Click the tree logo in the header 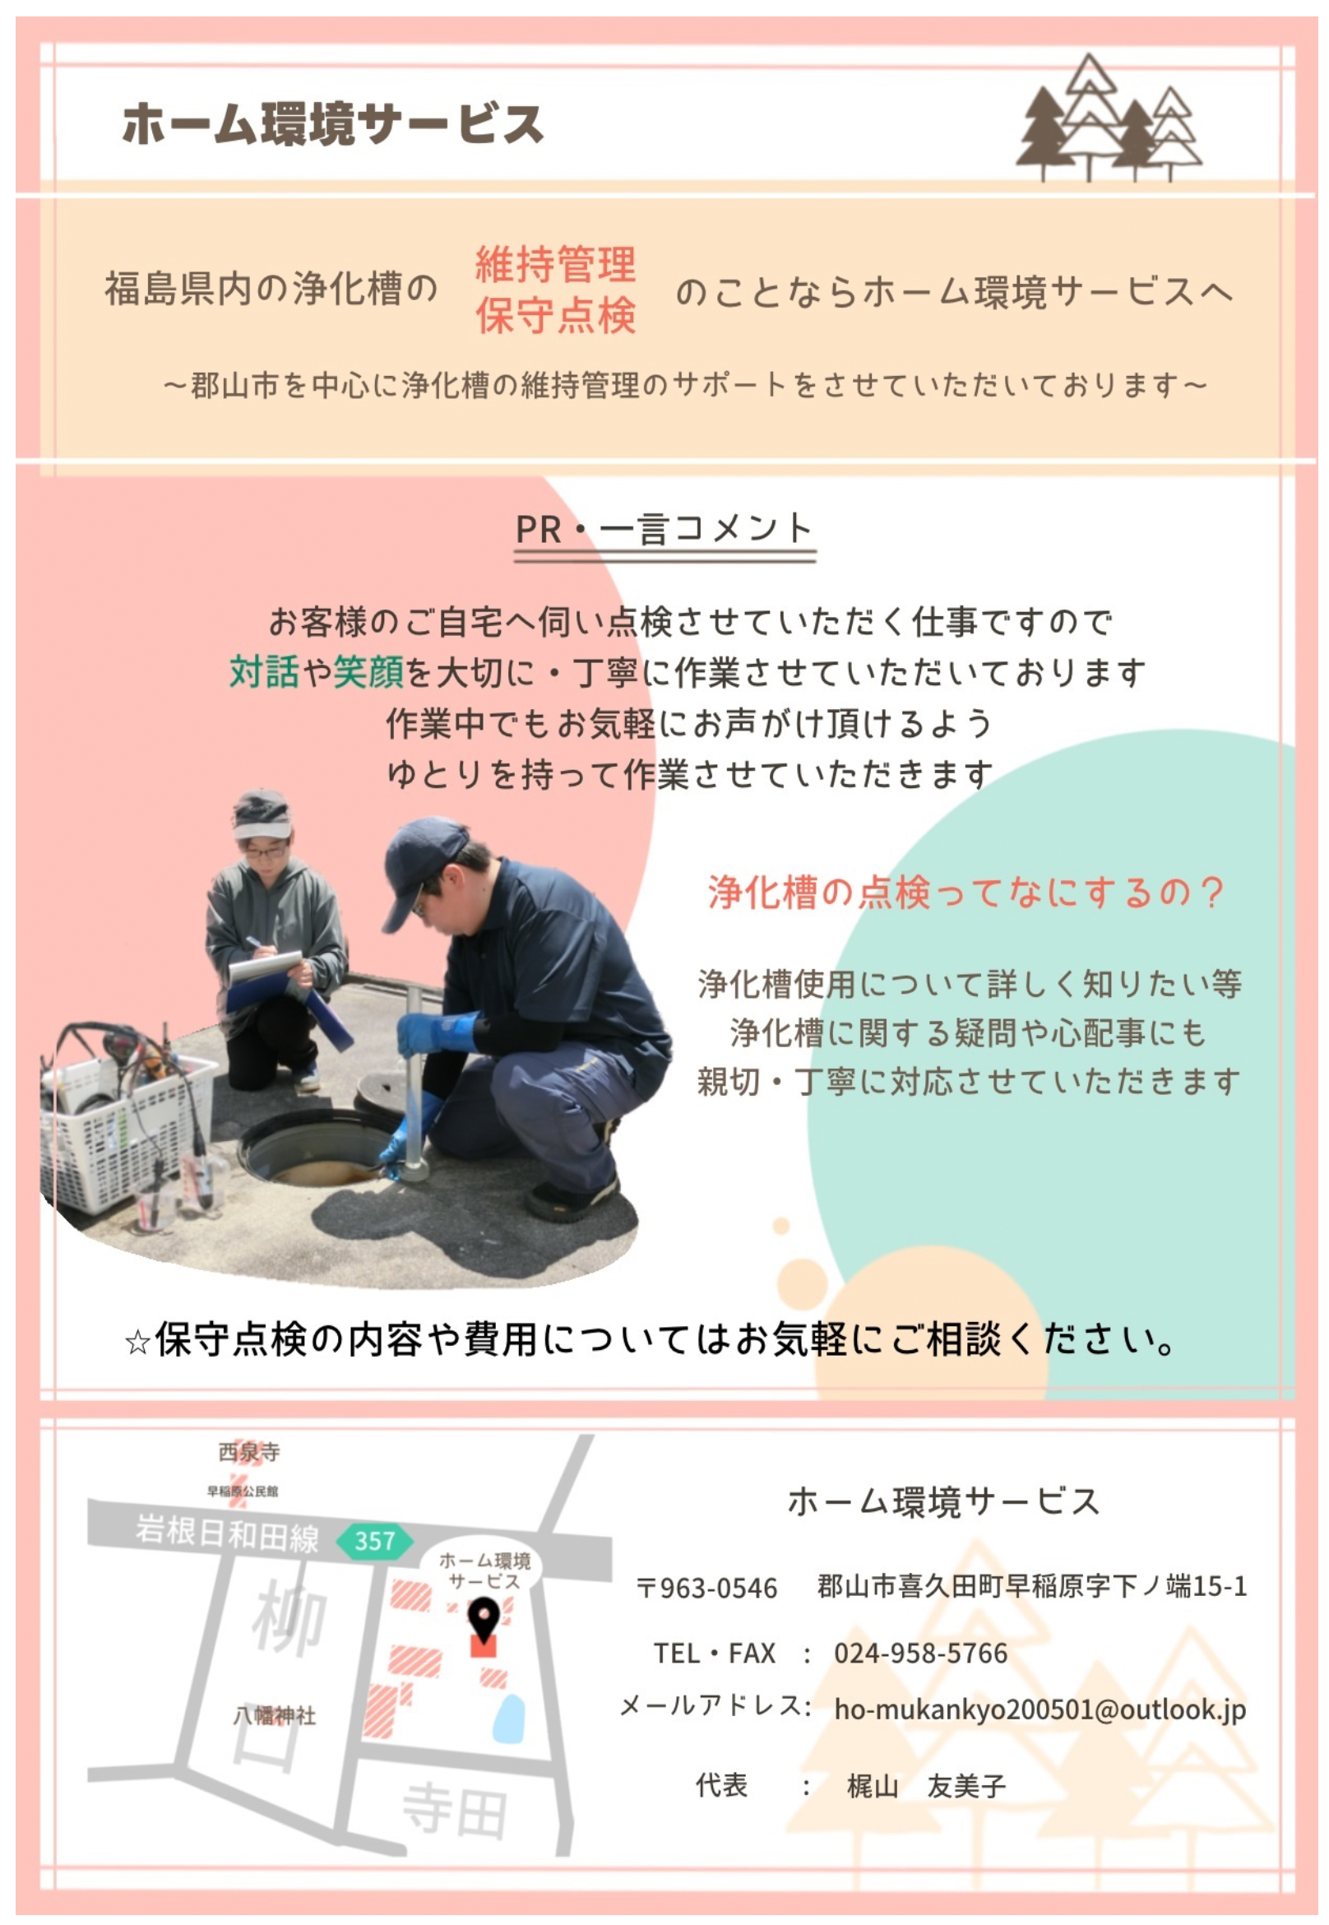click(1109, 118)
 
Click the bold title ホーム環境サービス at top click(333, 124)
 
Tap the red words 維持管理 click(555, 264)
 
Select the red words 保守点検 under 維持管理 click(555, 315)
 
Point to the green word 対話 click(264, 671)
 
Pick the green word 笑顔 click(369, 671)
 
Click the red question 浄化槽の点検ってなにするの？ click(966, 892)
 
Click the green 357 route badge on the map click(375, 1541)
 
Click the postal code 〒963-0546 click(707, 1589)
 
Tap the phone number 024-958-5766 click(921, 1654)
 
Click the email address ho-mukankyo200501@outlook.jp click(1040, 1710)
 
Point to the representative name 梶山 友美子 click(926, 1786)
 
